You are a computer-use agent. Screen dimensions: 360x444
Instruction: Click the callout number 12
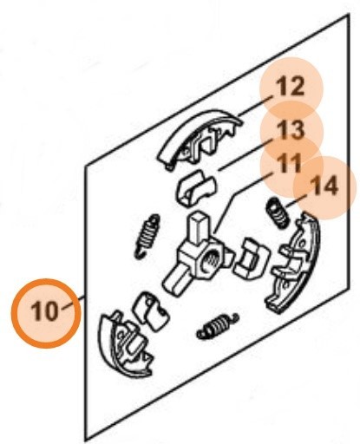(x=290, y=87)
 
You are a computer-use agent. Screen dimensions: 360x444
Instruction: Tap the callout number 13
(x=290, y=129)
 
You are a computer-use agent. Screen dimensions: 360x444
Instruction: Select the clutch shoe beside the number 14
(x=295, y=263)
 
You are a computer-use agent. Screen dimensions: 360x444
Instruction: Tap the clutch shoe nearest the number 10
(x=124, y=344)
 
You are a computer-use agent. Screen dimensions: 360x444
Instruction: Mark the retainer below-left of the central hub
(x=151, y=310)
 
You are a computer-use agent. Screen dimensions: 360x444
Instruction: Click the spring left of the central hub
(x=147, y=236)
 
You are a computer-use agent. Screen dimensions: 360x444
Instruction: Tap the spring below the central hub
(x=218, y=325)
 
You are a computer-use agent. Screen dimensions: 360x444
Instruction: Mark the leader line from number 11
(x=242, y=203)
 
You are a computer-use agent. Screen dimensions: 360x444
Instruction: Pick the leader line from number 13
(x=245, y=154)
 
